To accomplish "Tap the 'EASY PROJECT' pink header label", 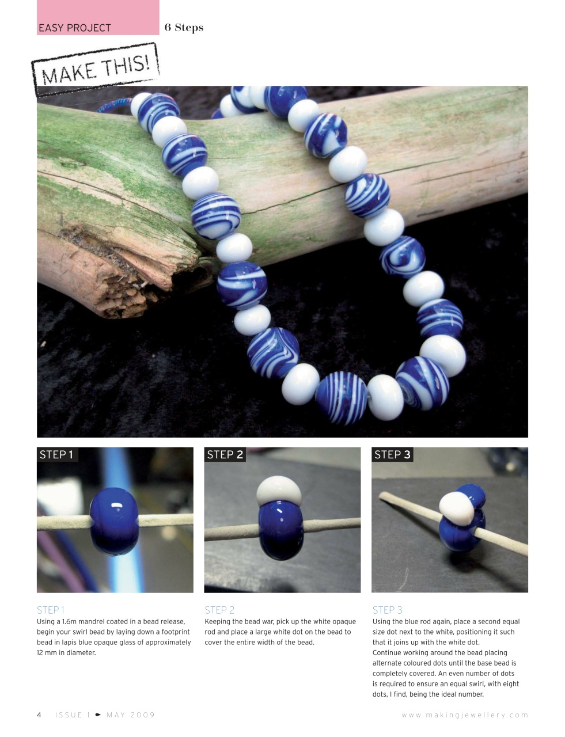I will coord(75,28).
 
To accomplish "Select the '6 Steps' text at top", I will coord(184,28).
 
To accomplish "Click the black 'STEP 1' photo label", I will coord(56,455).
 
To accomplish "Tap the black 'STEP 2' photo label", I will coord(225,455).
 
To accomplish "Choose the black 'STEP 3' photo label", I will coord(392,455).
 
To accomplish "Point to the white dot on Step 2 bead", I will coord(279,490).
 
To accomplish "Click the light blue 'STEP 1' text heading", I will coord(51,610).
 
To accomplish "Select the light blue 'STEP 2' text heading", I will coord(219,610).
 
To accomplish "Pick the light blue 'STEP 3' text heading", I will coord(388,610).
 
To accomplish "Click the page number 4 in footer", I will coord(39,715).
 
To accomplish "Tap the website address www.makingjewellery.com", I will coord(465,715).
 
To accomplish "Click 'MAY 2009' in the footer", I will coord(131,715).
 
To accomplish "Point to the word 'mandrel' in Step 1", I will coord(93,622).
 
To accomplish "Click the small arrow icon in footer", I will coord(98,715).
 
